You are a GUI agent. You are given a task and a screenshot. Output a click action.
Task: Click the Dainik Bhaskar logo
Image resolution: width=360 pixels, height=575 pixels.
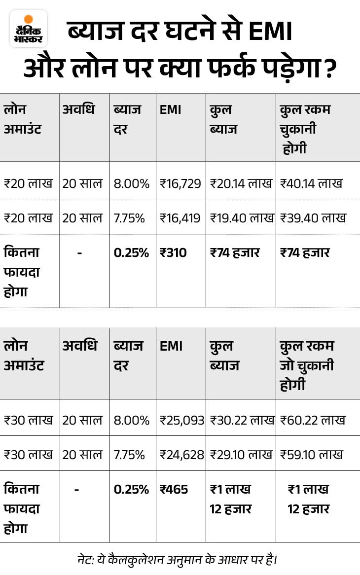click(x=29, y=29)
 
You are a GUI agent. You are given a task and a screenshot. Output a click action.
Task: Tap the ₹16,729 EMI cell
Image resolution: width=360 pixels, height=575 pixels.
click(x=180, y=184)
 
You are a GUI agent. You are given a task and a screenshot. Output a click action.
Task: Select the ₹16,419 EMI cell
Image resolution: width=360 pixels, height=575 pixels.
click(x=180, y=217)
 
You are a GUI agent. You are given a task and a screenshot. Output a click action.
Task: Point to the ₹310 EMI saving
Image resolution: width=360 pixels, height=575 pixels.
click(x=174, y=253)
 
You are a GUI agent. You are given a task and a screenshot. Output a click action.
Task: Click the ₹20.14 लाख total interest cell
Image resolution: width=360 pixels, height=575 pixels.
click(x=241, y=184)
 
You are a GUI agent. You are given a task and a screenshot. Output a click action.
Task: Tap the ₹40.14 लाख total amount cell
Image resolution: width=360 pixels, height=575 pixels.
click(x=311, y=184)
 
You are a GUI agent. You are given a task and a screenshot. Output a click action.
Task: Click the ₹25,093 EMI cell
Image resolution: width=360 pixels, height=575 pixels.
click(x=182, y=420)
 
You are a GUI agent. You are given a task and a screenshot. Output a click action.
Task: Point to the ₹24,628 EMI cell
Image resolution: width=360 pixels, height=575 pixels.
click(x=182, y=454)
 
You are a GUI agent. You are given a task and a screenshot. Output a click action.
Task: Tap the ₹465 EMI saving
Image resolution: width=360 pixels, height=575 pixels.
click(x=174, y=490)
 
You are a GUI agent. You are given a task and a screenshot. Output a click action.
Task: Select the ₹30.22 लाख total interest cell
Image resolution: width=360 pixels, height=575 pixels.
click(x=242, y=420)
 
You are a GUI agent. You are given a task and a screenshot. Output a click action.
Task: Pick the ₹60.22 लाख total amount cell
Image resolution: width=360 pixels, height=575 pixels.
click(x=313, y=420)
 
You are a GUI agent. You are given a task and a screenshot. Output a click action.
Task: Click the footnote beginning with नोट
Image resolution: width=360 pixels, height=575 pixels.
click(x=180, y=560)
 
